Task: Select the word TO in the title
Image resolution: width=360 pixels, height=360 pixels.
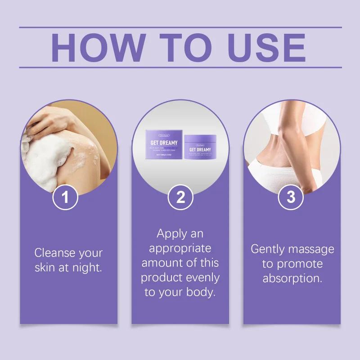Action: coord(180,47)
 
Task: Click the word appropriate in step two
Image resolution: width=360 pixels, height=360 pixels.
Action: coord(180,248)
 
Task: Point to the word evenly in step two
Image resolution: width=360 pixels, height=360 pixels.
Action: coord(200,277)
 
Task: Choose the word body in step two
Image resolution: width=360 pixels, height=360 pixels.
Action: coord(203,292)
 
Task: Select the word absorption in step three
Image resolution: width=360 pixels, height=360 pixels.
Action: coord(292,278)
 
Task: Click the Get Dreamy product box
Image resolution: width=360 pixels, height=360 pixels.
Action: coord(164,144)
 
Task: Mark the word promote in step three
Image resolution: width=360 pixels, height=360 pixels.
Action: coord(299,263)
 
